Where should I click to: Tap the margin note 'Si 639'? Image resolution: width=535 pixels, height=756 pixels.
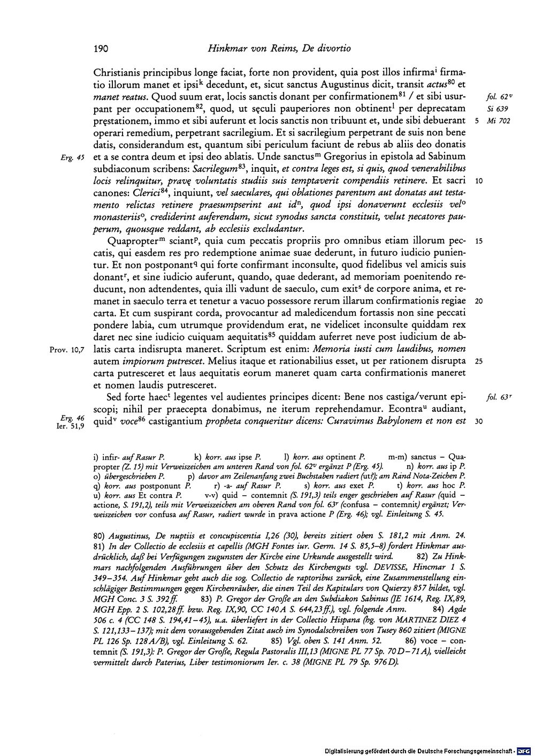point(497,109)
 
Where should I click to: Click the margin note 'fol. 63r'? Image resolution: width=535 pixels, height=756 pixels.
point(497,398)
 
